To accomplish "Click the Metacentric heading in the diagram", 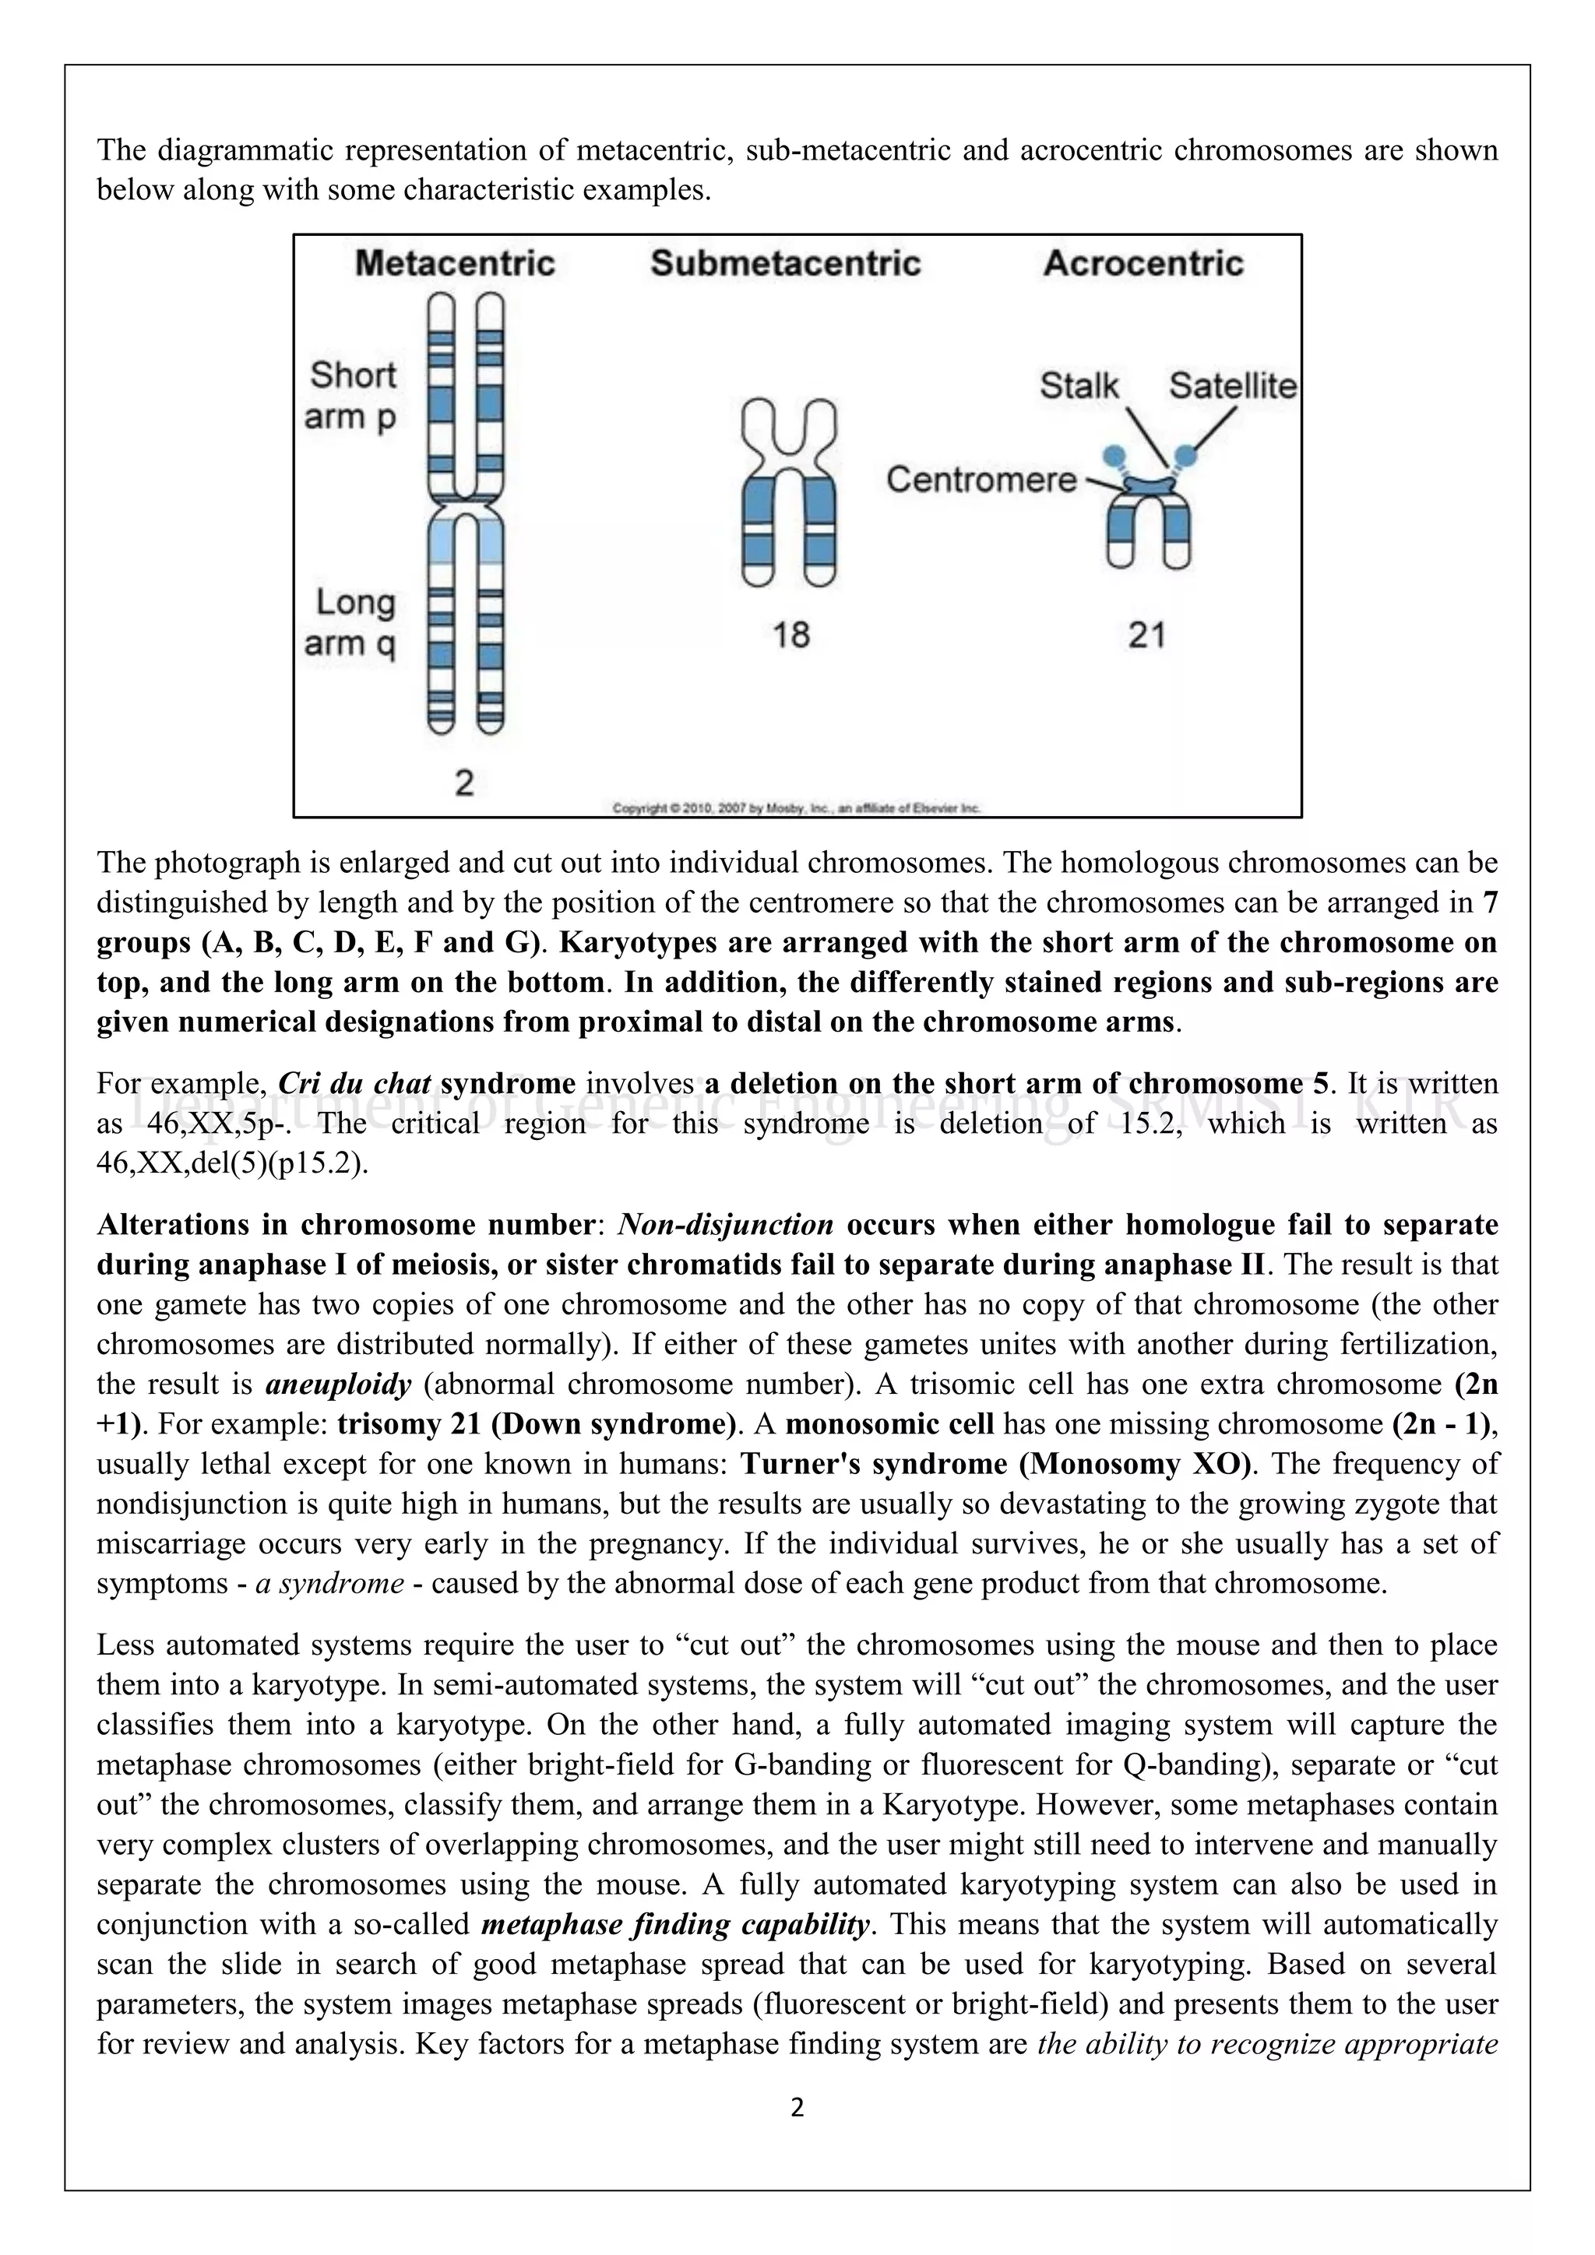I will tap(455, 263).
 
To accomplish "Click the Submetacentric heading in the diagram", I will tap(786, 263).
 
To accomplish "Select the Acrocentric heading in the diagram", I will tap(1143, 263).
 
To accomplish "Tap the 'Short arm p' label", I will tap(351, 396).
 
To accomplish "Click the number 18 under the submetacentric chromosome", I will tap(790, 635).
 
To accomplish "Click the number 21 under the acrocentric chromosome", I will tap(1146, 635).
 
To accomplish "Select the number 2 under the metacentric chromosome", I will tap(464, 783).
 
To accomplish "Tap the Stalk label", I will tap(1079, 385).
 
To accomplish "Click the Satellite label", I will tap(1233, 385).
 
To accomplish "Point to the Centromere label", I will tap(981, 480).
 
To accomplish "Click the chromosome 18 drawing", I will tap(789, 491).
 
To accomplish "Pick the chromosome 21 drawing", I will tap(1148, 521).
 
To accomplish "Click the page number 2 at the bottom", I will tap(797, 2108).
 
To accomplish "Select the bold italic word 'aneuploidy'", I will tap(338, 1384).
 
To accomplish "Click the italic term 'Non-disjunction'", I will tap(725, 1225).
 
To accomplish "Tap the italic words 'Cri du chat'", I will tap(354, 1083).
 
